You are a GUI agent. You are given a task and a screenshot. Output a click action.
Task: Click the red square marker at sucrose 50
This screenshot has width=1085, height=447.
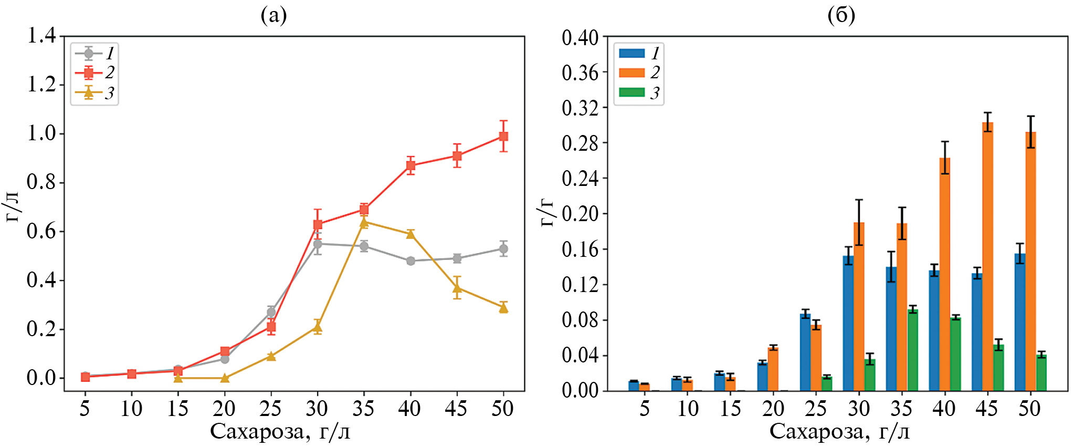[x=503, y=137]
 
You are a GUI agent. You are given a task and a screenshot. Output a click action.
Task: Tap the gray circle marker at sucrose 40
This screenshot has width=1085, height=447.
[x=410, y=261]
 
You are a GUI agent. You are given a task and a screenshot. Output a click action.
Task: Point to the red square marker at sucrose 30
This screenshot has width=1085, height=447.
[x=318, y=224]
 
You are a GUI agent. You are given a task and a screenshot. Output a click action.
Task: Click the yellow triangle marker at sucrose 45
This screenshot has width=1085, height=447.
[x=457, y=288]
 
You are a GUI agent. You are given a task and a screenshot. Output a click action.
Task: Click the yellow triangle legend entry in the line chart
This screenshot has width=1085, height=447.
[x=89, y=93]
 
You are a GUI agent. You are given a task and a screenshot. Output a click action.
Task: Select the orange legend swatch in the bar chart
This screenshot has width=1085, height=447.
[x=631, y=72]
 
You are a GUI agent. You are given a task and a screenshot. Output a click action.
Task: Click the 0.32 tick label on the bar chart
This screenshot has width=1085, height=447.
[x=580, y=108]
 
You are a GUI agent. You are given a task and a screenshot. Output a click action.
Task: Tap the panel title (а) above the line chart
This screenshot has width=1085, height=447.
[x=273, y=15]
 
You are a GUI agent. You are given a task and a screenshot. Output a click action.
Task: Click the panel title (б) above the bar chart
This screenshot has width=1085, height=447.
[x=841, y=15]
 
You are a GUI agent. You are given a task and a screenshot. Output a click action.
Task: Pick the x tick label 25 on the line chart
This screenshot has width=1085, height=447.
[x=271, y=408]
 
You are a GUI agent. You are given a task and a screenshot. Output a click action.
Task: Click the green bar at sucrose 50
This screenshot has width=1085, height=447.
[x=1041, y=372]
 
